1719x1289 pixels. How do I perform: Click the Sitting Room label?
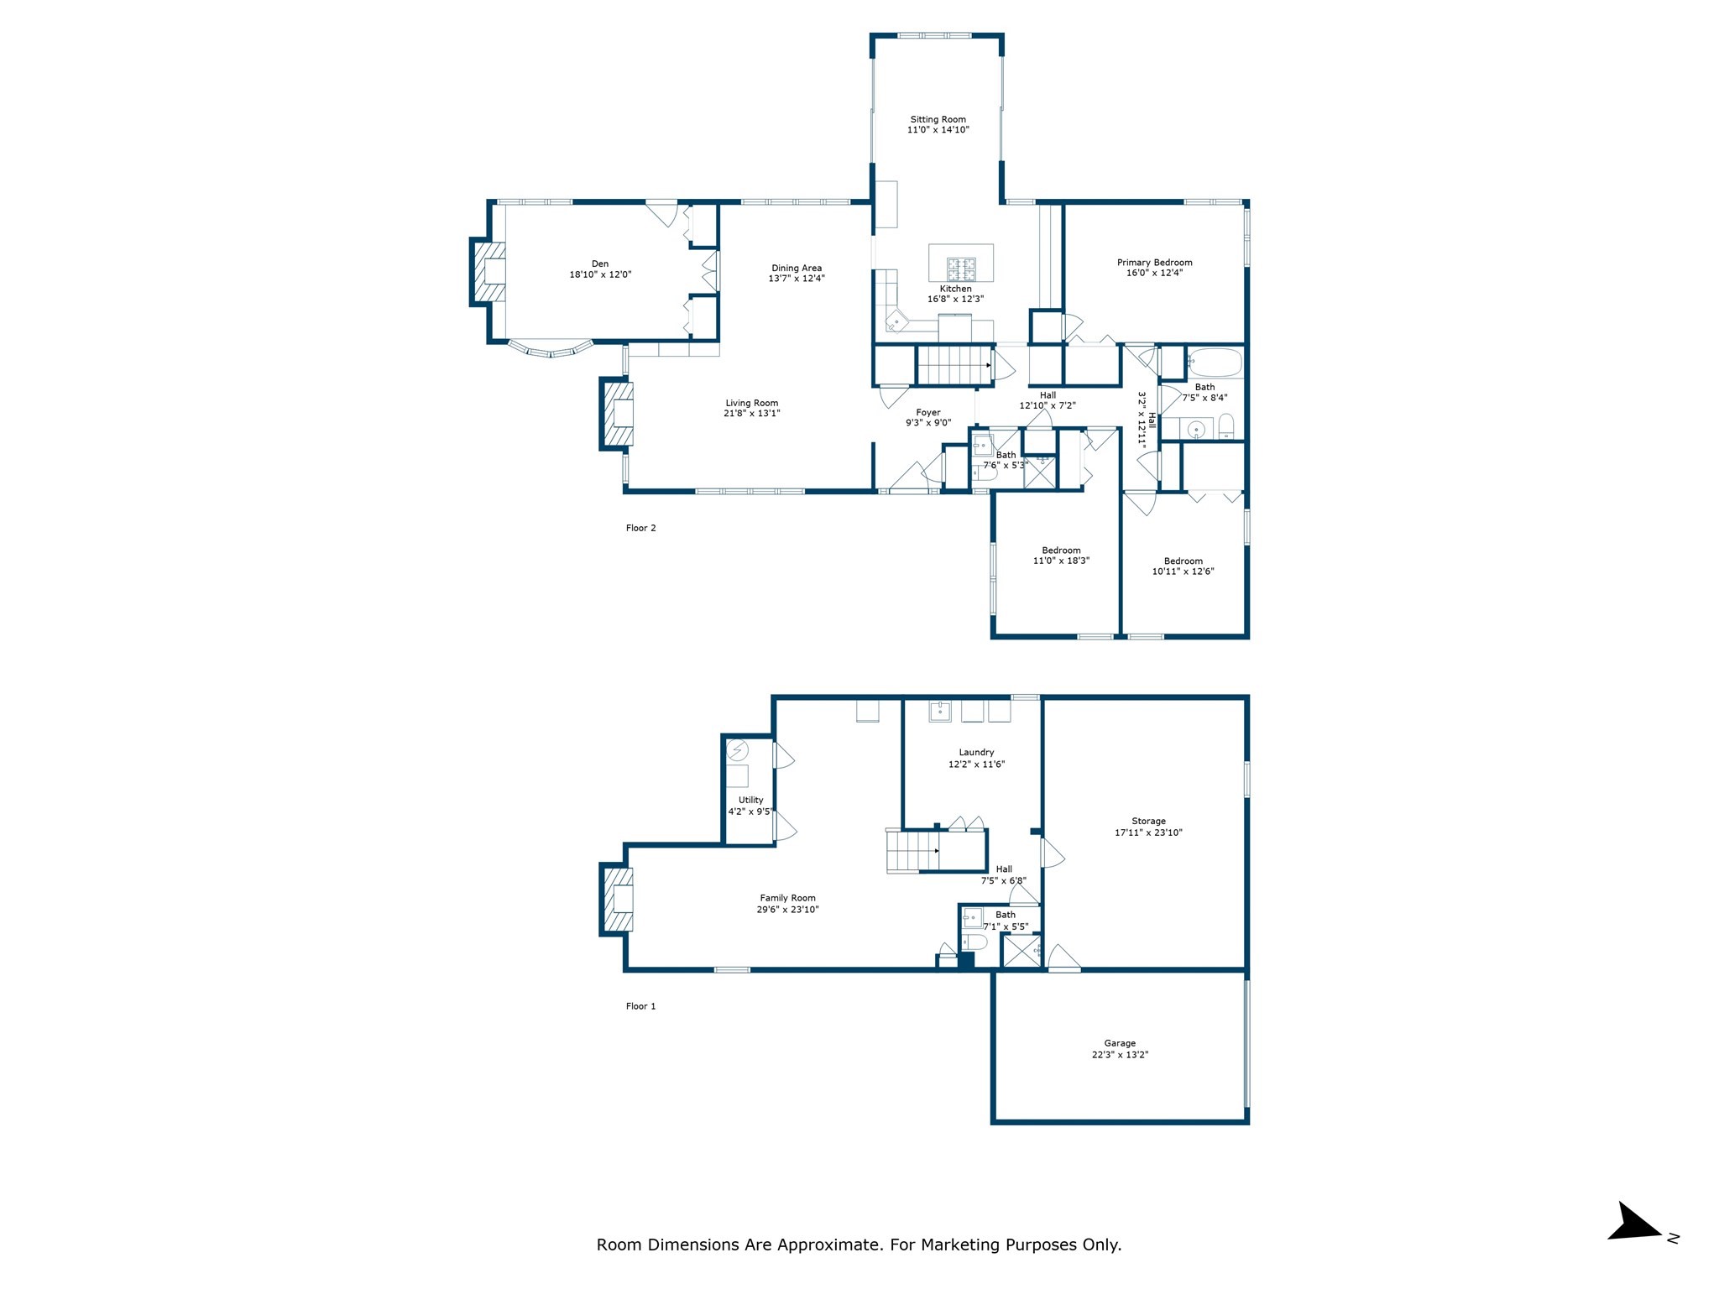pos(938,119)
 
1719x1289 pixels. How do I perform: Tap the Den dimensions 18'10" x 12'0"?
pos(599,274)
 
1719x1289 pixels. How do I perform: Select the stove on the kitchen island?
pos(962,269)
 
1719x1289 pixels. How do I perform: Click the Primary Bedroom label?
pos(1154,262)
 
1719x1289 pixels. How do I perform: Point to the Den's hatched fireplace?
pos(489,272)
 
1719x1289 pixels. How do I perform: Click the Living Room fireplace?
pos(618,414)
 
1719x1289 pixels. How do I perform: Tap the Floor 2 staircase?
pos(953,365)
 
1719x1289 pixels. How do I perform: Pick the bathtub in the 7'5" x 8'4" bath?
pos(1214,363)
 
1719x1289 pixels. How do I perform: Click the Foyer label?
pos(927,412)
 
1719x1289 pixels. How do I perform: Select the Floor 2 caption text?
pos(640,528)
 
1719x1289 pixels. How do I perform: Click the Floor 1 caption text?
pos(640,1005)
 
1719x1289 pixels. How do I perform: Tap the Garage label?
pos(1120,1043)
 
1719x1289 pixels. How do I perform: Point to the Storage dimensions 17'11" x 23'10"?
pos(1148,832)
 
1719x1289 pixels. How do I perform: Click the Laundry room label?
pos(976,752)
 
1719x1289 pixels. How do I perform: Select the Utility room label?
pos(750,800)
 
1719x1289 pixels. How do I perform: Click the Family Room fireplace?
pos(618,899)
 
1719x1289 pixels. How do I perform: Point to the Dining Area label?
pos(796,268)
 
